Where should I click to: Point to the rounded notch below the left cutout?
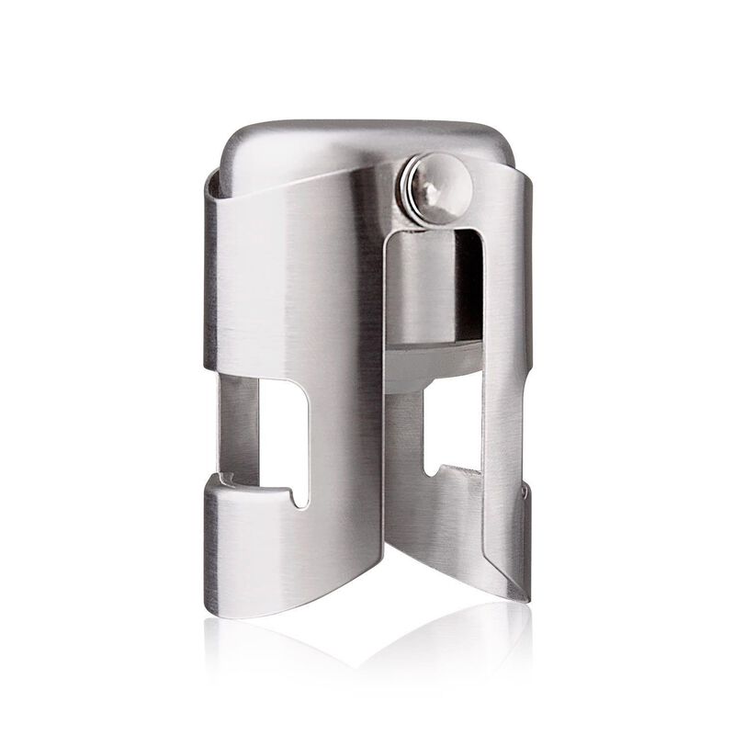click(296, 496)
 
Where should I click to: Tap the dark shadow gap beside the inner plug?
click(470, 294)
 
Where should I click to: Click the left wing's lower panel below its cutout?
click(276, 551)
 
